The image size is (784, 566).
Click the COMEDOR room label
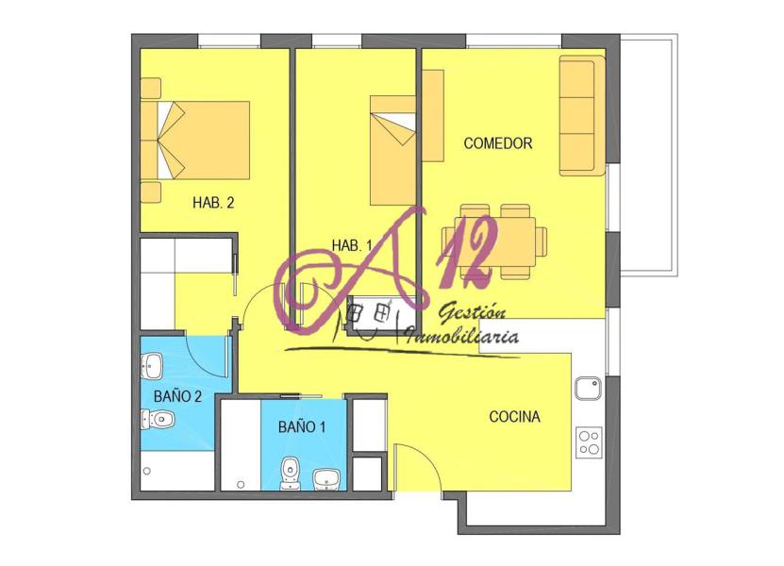pyautogui.click(x=497, y=143)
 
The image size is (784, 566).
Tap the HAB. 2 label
pyautogui.click(x=213, y=203)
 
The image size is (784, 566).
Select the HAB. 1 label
pyautogui.click(x=352, y=245)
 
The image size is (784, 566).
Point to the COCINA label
pyautogui.click(x=514, y=417)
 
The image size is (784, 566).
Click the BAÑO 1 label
pyautogui.click(x=302, y=427)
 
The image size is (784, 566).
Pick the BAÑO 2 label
pyautogui.click(x=177, y=396)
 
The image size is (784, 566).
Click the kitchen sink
pyautogui.click(x=588, y=389)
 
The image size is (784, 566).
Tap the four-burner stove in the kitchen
pyautogui.click(x=589, y=442)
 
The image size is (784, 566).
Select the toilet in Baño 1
pyautogui.click(x=290, y=474)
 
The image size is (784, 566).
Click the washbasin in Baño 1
pyautogui.click(x=326, y=479)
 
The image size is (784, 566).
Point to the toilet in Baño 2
pyautogui.click(x=157, y=419)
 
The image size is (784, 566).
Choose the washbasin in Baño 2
pyautogui.click(x=152, y=366)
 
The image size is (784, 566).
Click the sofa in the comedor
pyautogui.click(x=582, y=115)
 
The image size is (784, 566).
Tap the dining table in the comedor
pyautogui.click(x=495, y=241)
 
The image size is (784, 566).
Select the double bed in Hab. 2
pyautogui.click(x=195, y=140)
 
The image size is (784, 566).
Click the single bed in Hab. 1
pyautogui.click(x=392, y=151)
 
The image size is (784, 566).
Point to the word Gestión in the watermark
pyautogui.click(x=472, y=313)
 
